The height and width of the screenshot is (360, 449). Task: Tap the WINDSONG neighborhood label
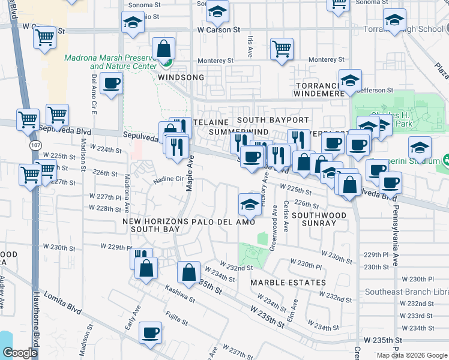(x=181, y=78)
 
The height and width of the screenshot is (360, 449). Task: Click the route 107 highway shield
(x=34, y=146)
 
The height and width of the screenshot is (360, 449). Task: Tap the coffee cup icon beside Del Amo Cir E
(x=111, y=83)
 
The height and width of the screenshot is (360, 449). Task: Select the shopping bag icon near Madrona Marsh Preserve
(x=163, y=49)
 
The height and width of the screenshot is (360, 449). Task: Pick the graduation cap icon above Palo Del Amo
(x=250, y=204)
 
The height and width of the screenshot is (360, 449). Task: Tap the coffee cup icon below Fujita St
(x=150, y=332)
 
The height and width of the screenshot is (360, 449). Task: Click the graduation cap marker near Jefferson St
(x=349, y=80)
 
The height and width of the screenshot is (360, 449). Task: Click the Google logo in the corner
(x=20, y=353)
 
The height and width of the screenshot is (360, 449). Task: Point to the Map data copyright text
(x=412, y=355)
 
